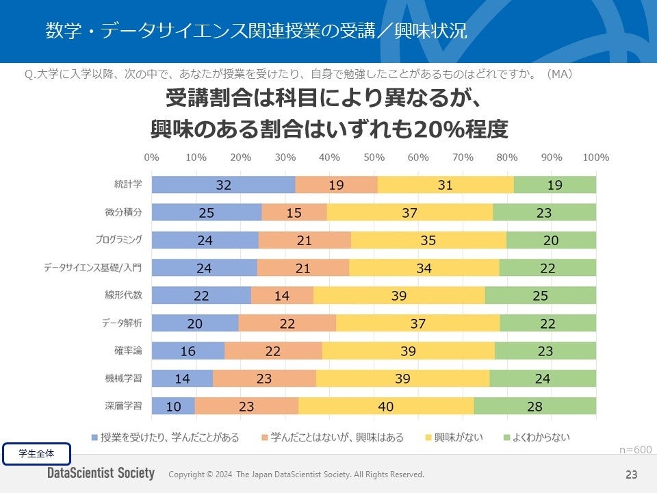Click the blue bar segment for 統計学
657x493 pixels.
point(223,184)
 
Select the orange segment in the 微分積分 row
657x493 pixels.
point(294,212)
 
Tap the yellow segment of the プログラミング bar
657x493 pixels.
point(428,240)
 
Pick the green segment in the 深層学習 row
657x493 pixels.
point(534,406)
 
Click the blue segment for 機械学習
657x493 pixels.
point(182,379)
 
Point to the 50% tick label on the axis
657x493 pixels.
point(374,157)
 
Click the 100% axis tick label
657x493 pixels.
point(595,157)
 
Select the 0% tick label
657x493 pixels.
point(152,157)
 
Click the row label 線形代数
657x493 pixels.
point(128,295)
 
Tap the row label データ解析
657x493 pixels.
point(123,323)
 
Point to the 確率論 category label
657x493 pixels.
point(128,351)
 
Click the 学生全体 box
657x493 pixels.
point(37,453)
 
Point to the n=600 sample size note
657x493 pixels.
point(635,449)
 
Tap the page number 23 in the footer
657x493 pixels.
point(631,475)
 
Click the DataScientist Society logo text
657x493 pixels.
point(101,474)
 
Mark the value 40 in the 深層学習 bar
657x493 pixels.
point(385,406)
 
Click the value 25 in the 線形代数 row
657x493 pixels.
point(540,295)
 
